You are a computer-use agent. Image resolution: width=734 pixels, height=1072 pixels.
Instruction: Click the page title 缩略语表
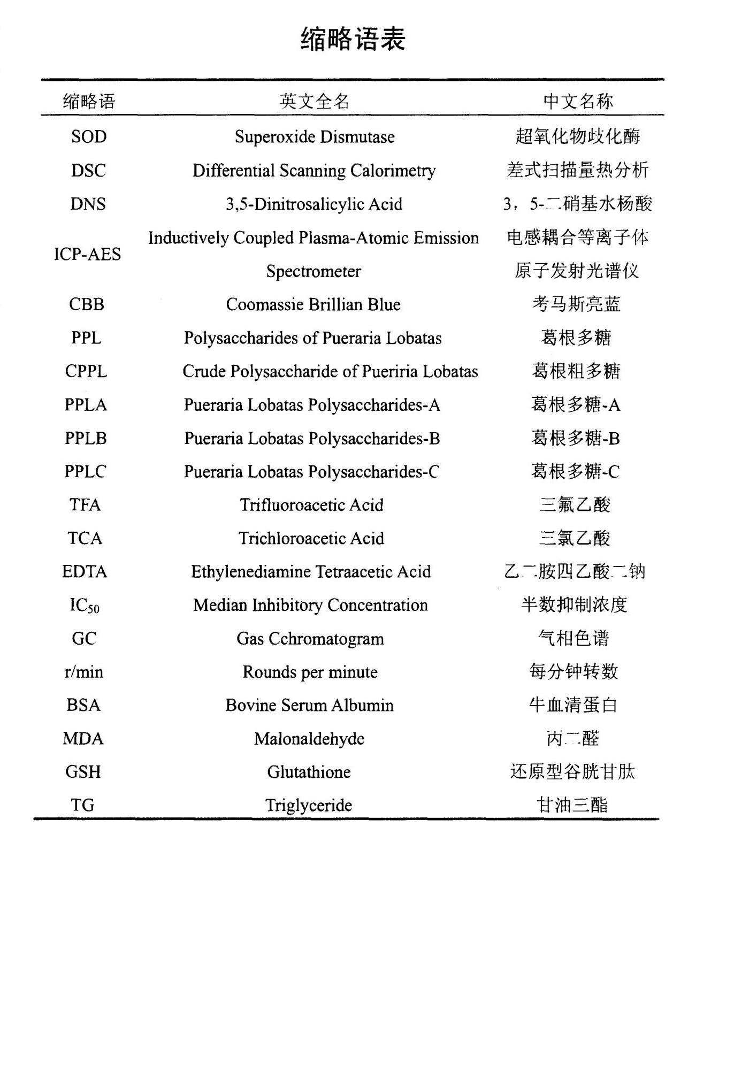pos(353,40)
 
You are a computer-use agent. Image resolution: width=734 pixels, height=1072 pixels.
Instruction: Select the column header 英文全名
pos(314,101)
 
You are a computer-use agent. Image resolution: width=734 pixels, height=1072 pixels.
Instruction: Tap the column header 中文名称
pos(578,101)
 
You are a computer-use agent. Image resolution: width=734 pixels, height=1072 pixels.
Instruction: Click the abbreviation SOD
pos(89,137)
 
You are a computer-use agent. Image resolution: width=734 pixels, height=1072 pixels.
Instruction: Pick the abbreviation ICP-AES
pos(88,254)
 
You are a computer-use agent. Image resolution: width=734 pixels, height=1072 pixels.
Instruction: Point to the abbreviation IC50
pos(85,606)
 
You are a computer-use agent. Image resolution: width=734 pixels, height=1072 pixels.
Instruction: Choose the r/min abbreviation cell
pos(84,672)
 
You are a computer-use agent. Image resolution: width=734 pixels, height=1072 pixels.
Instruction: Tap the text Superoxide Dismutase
pos(315,137)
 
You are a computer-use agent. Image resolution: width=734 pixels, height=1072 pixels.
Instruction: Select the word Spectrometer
pos(314,271)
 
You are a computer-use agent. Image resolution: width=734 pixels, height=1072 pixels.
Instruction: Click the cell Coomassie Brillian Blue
pos(313,304)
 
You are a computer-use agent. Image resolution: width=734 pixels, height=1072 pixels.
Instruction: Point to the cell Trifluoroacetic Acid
pos(311,505)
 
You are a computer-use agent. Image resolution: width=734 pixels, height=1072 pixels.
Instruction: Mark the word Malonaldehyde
pos(309,739)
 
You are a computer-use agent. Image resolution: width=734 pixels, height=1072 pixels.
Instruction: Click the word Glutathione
pos(309,772)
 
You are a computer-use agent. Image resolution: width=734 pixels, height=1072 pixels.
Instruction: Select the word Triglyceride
pos(309,805)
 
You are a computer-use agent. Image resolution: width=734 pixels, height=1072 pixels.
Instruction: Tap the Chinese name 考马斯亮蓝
pos(576,304)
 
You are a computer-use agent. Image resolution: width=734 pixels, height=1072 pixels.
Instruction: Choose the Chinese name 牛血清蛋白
pos(574,705)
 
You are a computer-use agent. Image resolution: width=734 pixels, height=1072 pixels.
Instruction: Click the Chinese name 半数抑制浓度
pos(574,605)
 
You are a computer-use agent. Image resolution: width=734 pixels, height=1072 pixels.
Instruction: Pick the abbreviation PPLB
pos(86,438)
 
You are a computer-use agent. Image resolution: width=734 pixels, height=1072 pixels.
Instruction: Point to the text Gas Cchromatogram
pos(310,639)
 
